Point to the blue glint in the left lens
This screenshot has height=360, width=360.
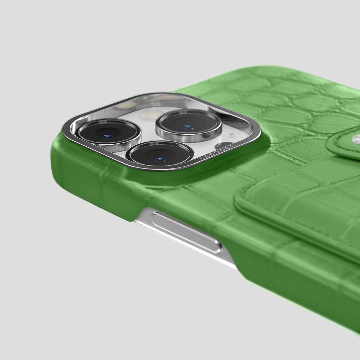click(108, 136)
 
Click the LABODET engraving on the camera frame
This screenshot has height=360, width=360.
click(216, 152)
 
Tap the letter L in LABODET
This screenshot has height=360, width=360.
click(201, 159)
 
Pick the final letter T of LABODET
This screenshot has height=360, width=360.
click(232, 146)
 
